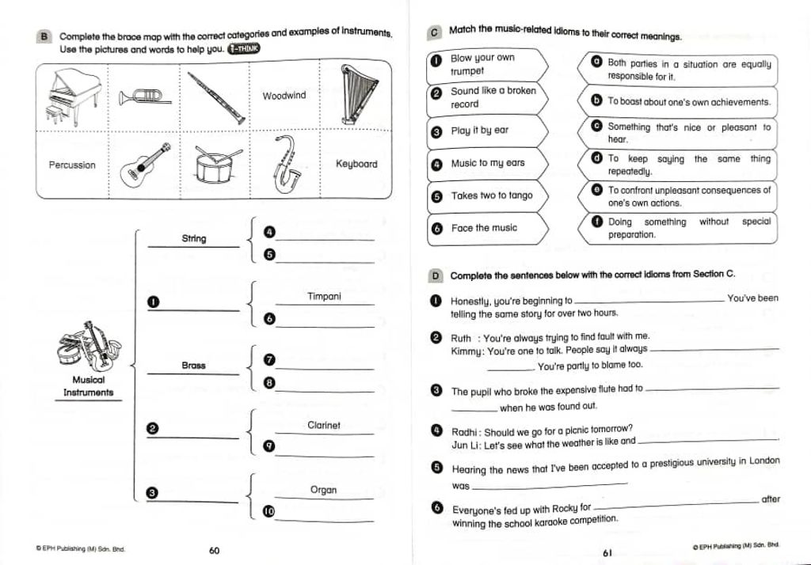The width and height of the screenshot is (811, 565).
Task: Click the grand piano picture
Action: point(74,97)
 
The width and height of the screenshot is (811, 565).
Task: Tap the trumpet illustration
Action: point(144,97)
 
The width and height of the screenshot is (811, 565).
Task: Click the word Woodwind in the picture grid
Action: point(284,96)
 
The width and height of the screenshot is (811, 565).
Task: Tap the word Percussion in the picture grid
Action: point(72,165)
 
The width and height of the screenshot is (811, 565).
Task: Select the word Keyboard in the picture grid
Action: point(356,165)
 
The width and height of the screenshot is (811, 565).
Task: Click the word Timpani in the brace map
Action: point(324,297)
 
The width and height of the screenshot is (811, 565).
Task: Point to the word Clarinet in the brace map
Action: point(324,426)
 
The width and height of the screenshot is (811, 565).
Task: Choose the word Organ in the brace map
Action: point(323,491)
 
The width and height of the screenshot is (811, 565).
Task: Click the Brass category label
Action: point(193,366)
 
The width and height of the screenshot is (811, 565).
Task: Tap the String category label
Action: point(193,238)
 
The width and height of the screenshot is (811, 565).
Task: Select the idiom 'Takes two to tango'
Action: point(492,195)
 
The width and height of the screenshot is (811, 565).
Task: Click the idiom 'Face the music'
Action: point(484,228)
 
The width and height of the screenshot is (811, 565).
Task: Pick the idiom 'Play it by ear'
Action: point(480,131)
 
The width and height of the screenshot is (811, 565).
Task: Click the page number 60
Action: point(214,551)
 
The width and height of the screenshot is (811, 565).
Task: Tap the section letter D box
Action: point(435,276)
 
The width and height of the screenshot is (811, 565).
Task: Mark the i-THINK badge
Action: point(243,49)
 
